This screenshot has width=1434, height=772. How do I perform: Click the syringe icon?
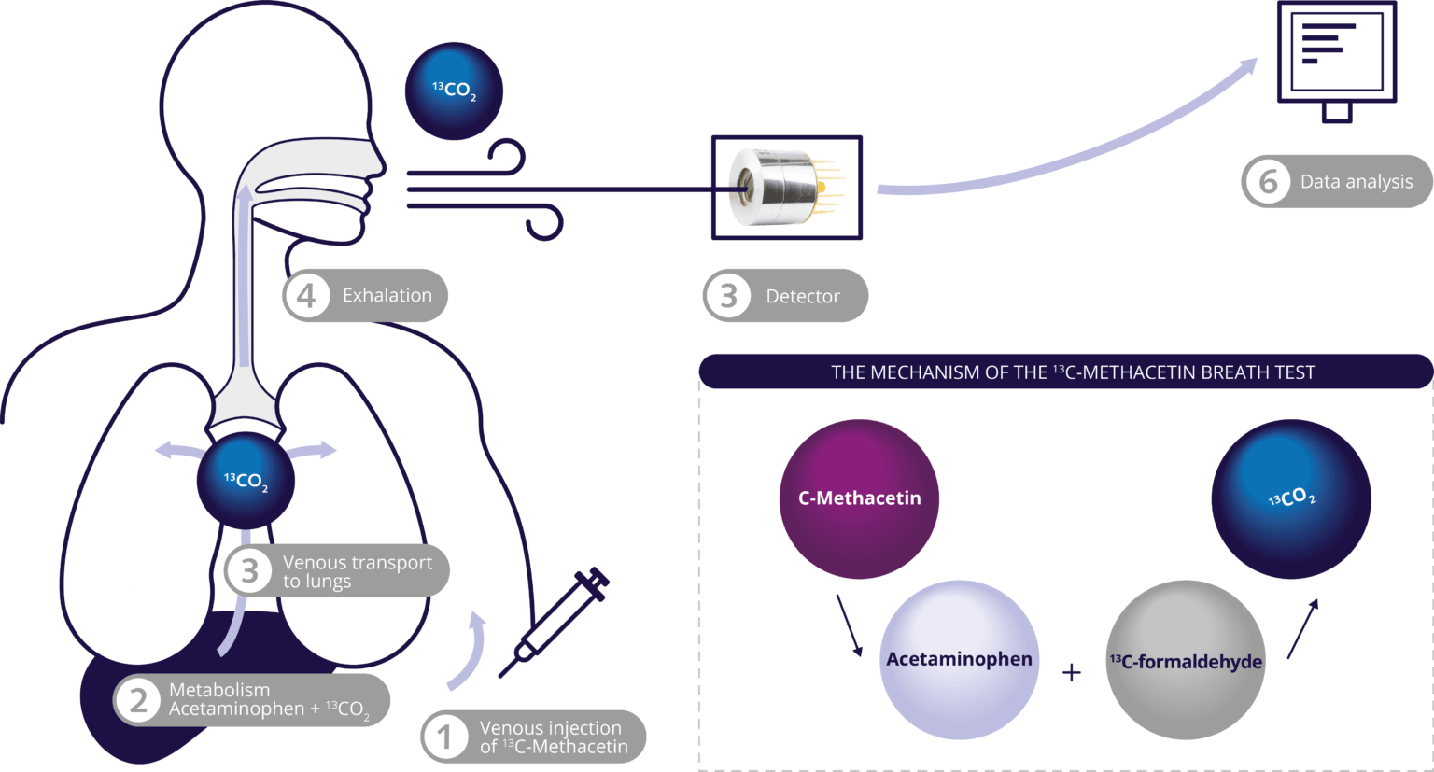556,621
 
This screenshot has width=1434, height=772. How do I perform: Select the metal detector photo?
786,187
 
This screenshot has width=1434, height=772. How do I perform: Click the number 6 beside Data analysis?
1268,181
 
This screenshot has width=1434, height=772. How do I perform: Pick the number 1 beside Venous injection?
444,737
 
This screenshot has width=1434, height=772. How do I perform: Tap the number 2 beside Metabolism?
138,699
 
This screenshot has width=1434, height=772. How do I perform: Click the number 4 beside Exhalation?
306,296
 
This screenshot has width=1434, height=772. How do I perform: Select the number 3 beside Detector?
728,296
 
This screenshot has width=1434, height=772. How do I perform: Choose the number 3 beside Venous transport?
249,570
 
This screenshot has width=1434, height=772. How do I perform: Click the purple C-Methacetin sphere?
859,498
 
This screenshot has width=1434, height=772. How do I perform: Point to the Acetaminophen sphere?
959,659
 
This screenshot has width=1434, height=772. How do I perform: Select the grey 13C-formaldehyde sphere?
1186,661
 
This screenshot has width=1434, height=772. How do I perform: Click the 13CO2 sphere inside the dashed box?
1291,498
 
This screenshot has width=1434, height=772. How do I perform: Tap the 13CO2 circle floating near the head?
454,91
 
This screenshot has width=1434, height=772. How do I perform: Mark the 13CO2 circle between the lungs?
246,482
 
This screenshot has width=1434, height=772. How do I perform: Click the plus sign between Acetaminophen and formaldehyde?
1072,672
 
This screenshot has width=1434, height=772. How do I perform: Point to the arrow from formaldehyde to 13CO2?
1303,628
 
